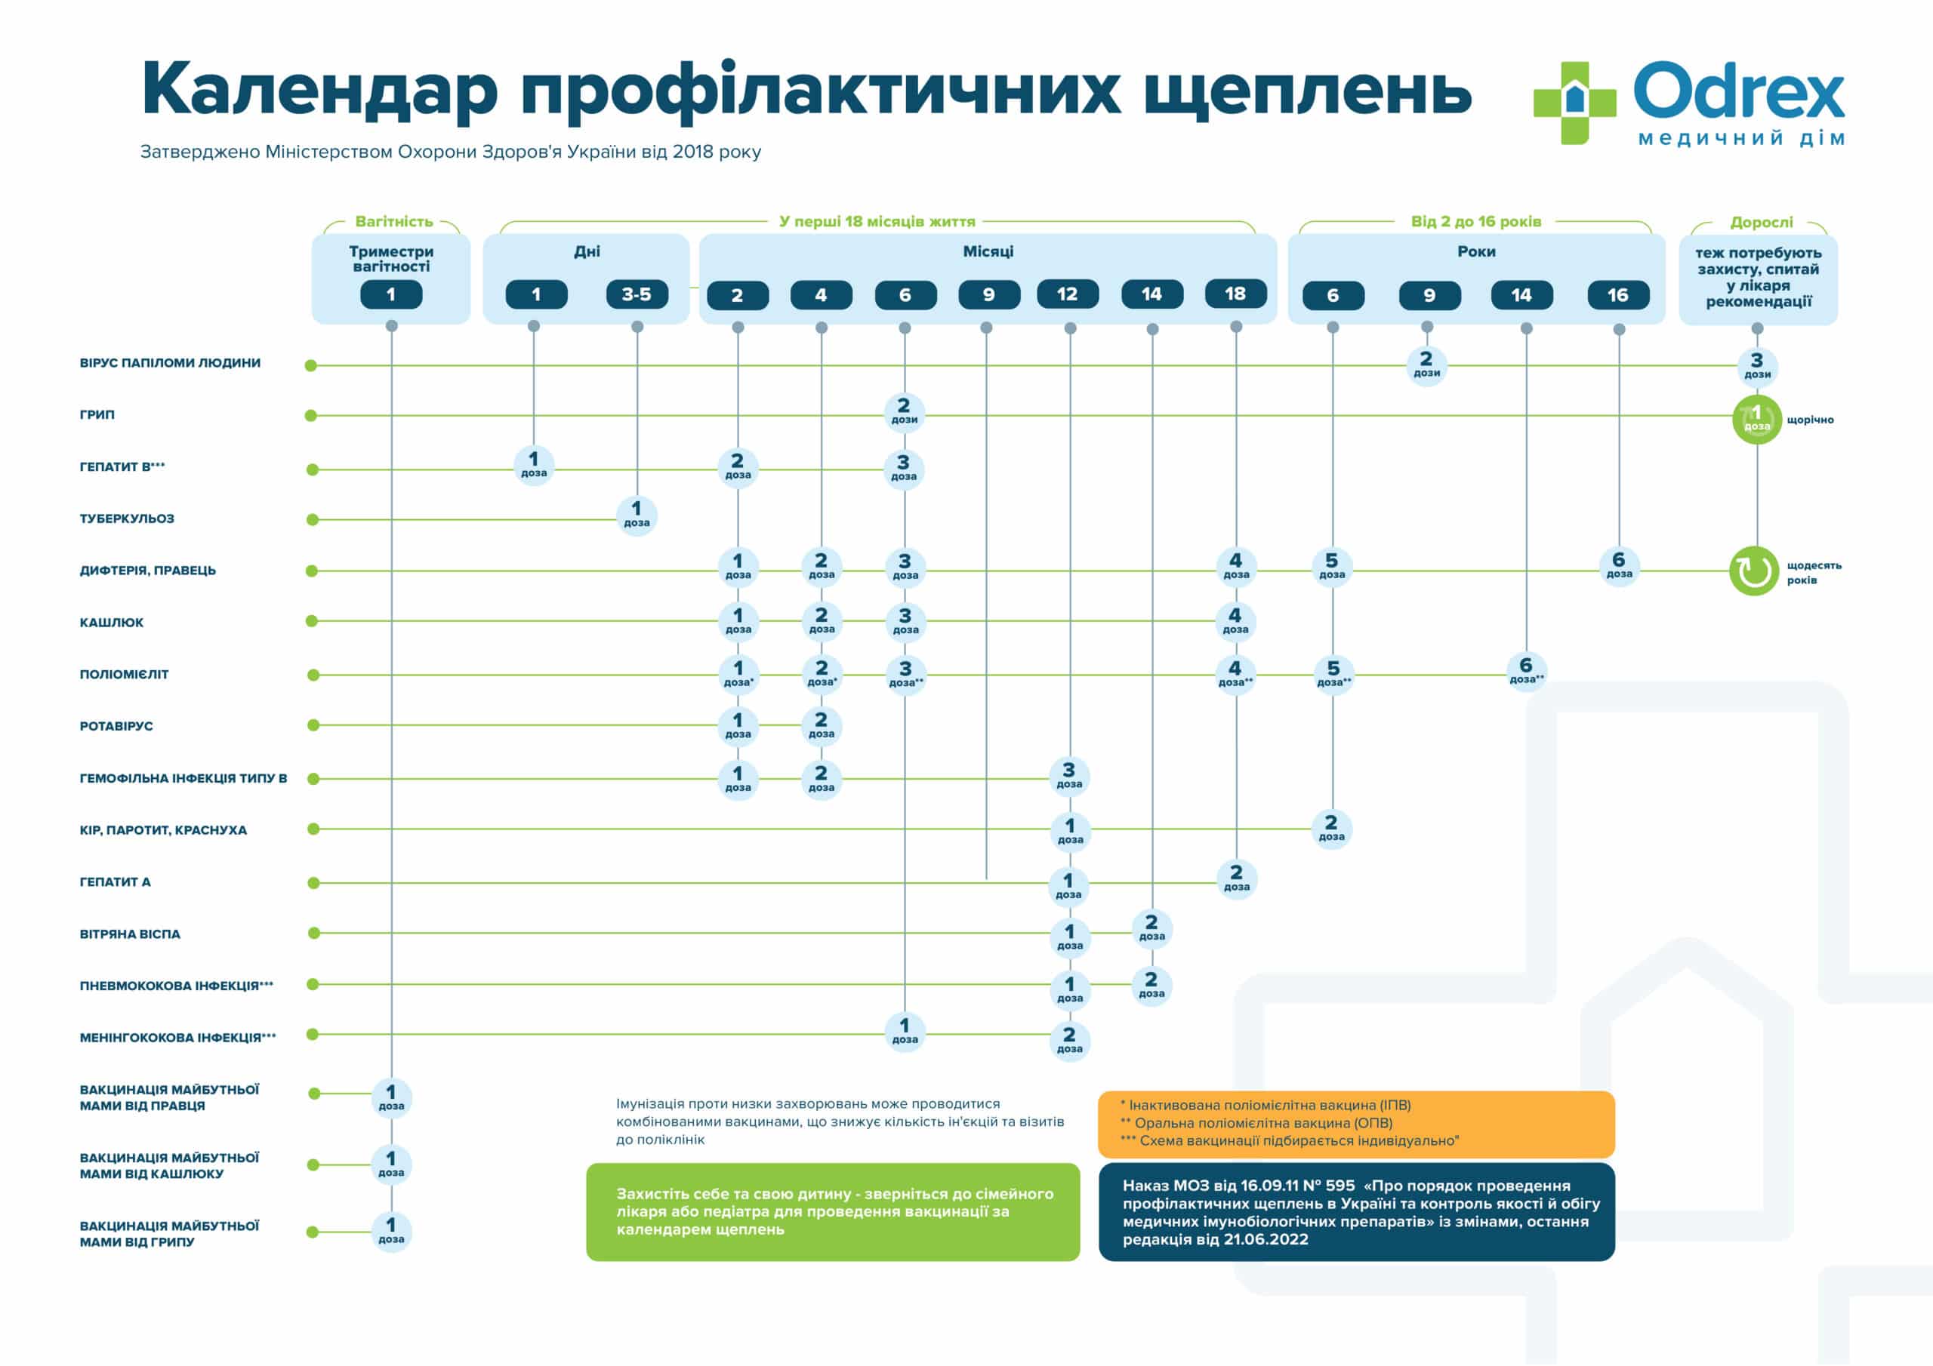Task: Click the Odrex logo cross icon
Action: tap(1574, 102)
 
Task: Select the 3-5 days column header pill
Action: tap(637, 294)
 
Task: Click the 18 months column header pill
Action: tap(1235, 294)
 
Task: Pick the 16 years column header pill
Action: tap(1617, 295)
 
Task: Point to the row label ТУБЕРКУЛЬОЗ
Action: tap(127, 518)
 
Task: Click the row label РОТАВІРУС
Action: tap(116, 726)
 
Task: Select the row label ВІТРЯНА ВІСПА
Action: tap(130, 934)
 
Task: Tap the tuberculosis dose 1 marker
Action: tap(637, 515)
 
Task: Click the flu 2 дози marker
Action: tap(904, 412)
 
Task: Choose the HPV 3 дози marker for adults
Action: tap(1757, 366)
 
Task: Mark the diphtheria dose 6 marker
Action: tap(1618, 565)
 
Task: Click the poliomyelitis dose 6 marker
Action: tap(1525, 671)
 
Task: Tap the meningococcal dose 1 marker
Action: tap(904, 1031)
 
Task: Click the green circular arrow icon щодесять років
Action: tap(1755, 571)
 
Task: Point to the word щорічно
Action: tap(1810, 420)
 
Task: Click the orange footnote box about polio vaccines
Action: tap(1355, 1124)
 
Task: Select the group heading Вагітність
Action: tap(393, 222)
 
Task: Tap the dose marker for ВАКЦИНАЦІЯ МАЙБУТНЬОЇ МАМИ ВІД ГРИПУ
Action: tap(391, 1230)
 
